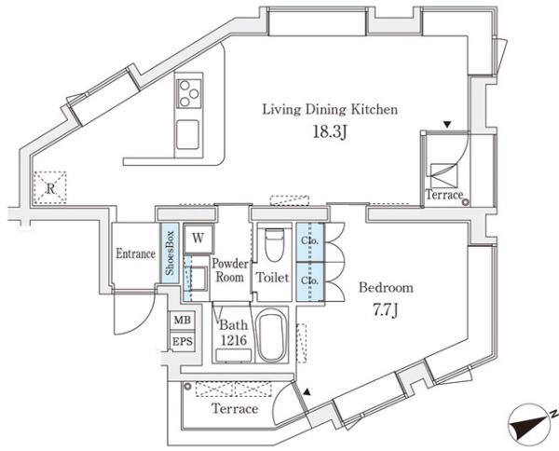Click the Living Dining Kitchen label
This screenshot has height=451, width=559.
330,110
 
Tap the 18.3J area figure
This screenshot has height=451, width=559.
330,131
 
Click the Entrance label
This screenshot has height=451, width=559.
135,253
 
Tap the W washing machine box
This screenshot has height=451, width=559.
198,239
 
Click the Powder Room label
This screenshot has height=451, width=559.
229,271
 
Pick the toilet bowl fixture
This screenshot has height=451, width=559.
273,247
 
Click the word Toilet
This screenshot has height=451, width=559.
273,279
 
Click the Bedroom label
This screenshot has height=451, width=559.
386,288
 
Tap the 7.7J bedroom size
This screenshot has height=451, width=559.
386,308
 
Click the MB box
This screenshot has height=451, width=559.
181,322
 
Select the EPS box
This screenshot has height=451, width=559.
181,342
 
